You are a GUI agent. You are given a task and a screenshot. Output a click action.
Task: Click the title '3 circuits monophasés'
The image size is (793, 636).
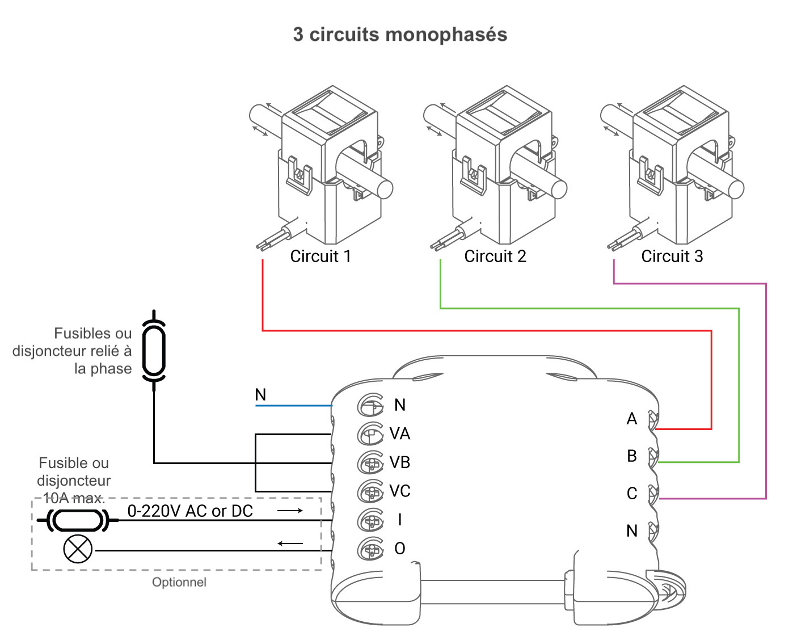(x=400, y=35)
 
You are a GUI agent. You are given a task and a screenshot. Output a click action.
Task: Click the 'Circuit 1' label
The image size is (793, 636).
(x=320, y=256)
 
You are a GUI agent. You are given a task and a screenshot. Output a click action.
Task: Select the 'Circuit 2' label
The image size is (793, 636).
(x=495, y=256)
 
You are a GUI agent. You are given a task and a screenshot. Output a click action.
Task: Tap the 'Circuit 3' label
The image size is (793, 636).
(x=672, y=256)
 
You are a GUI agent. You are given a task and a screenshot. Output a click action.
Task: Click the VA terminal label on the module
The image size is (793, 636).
(x=399, y=434)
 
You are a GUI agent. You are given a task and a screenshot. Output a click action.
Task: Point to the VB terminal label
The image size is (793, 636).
(x=399, y=463)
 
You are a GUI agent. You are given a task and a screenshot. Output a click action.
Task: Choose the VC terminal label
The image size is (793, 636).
(x=399, y=491)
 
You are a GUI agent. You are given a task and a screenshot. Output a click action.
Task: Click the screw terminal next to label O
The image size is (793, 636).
(x=370, y=549)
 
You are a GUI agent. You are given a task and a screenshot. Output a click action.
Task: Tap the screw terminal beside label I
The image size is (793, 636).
(x=370, y=520)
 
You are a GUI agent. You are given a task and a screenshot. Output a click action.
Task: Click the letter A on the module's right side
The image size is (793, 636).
(x=632, y=419)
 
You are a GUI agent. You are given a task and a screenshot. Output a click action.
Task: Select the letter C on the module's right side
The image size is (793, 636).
(x=632, y=494)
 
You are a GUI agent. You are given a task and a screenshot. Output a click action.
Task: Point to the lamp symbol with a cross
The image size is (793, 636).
(x=78, y=549)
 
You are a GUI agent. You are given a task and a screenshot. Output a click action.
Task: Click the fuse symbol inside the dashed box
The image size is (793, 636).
(x=77, y=520)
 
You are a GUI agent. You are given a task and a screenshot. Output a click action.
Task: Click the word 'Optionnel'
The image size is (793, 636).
(x=179, y=582)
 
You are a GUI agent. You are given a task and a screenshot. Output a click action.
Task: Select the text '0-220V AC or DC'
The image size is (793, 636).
(x=190, y=511)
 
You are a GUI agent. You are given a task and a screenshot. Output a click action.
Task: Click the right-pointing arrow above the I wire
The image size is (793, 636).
(x=290, y=511)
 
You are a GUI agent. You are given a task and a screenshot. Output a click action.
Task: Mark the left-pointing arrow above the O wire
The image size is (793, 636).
(x=290, y=544)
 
